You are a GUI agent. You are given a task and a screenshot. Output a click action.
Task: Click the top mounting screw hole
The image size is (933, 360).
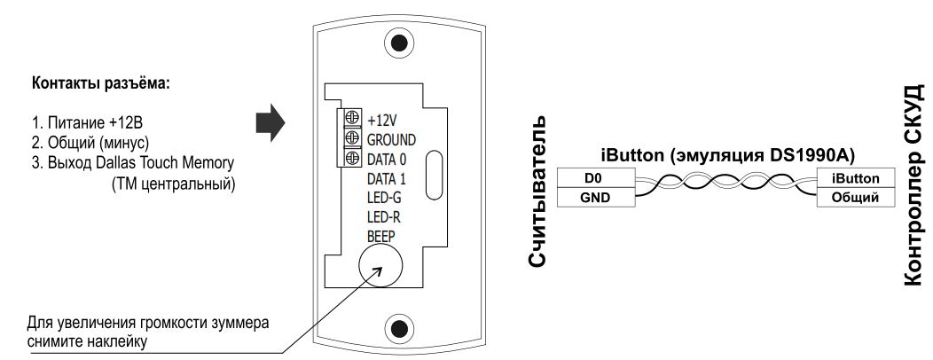pyautogui.click(x=401, y=43)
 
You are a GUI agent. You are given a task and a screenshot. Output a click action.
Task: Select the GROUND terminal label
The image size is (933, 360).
pyautogui.click(x=391, y=139)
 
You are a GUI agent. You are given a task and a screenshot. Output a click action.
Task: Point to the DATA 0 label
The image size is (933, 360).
pyautogui.click(x=386, y=160)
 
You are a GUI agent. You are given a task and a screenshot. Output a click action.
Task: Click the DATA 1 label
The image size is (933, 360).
pyautogui.click(x=386, y=179)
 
